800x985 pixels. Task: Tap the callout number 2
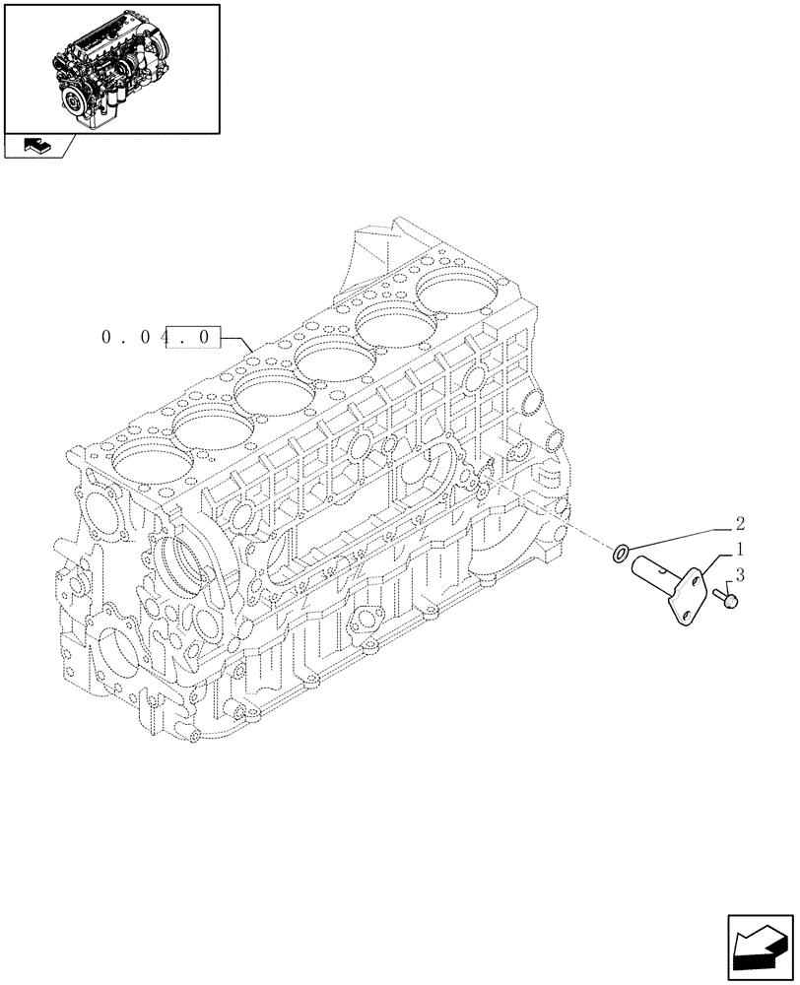[739, 524]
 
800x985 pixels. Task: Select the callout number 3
[739, 573]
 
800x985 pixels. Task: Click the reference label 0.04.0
[158, 338]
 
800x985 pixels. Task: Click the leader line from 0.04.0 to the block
[241, 341]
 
